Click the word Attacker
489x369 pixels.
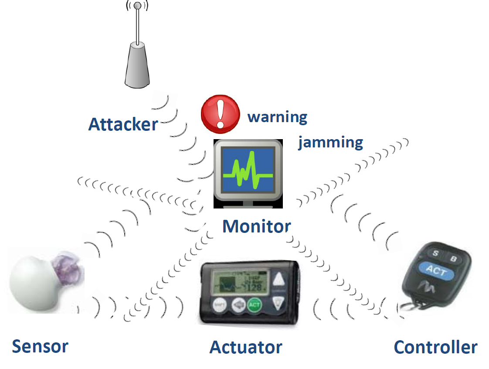click(x=123, y=124)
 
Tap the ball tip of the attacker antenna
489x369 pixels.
click(x=137, y=6)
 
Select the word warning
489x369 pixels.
click(x=277, y=117)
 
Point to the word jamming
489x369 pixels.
click(x=330, y=143)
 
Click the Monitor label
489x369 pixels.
click(x=256, y=226)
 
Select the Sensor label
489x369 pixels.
click(x=40, y=346)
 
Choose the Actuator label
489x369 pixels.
click(x=246, y=348)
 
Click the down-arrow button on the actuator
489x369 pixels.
click(x=278, y=303)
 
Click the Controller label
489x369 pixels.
click(x=435, y=348)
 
